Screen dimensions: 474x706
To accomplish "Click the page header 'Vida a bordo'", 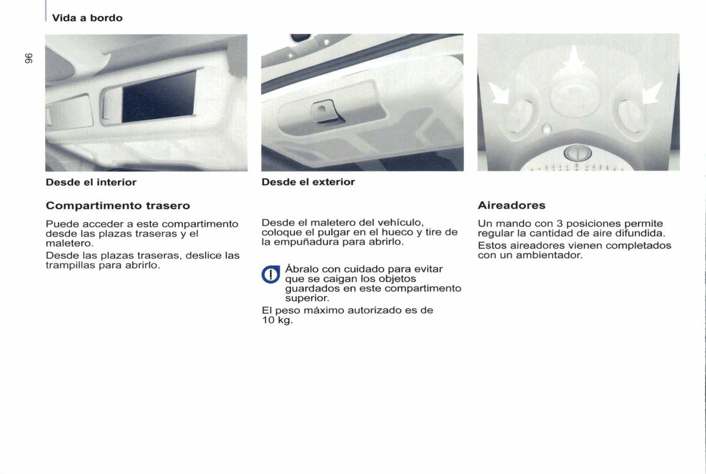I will coord(87,18).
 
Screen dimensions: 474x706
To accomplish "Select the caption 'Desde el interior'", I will coord(91,182).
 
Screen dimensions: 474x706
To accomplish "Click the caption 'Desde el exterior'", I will coord(308,182).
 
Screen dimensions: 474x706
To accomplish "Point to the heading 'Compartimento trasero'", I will coord(118,206).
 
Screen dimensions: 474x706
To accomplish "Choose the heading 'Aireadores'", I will coord(511,206).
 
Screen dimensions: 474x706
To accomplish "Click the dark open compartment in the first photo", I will coord(159,96).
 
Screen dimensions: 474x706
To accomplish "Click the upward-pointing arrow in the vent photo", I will coord(573,63).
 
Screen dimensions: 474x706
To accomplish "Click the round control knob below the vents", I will coord(573,154).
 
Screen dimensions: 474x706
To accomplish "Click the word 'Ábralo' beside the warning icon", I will coord(301,269).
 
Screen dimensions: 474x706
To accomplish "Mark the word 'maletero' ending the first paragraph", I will coord(65,244).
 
